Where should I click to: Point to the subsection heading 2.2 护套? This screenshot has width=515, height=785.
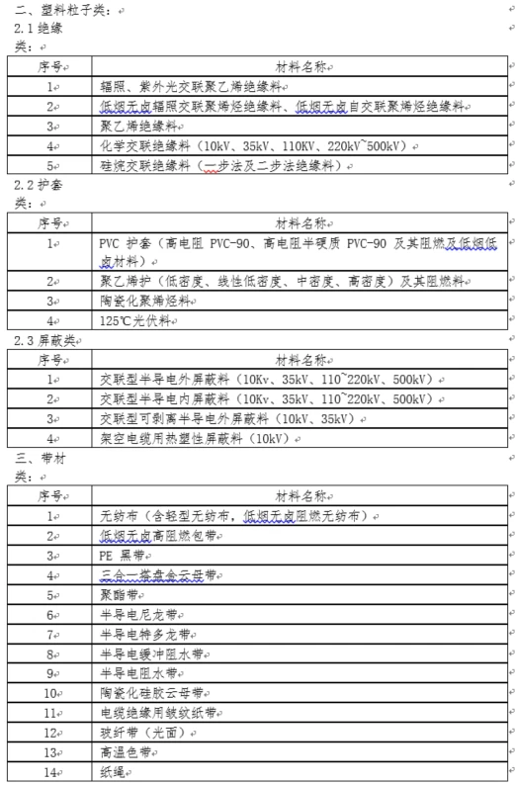36,185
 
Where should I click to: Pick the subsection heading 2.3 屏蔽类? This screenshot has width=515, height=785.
43,340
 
